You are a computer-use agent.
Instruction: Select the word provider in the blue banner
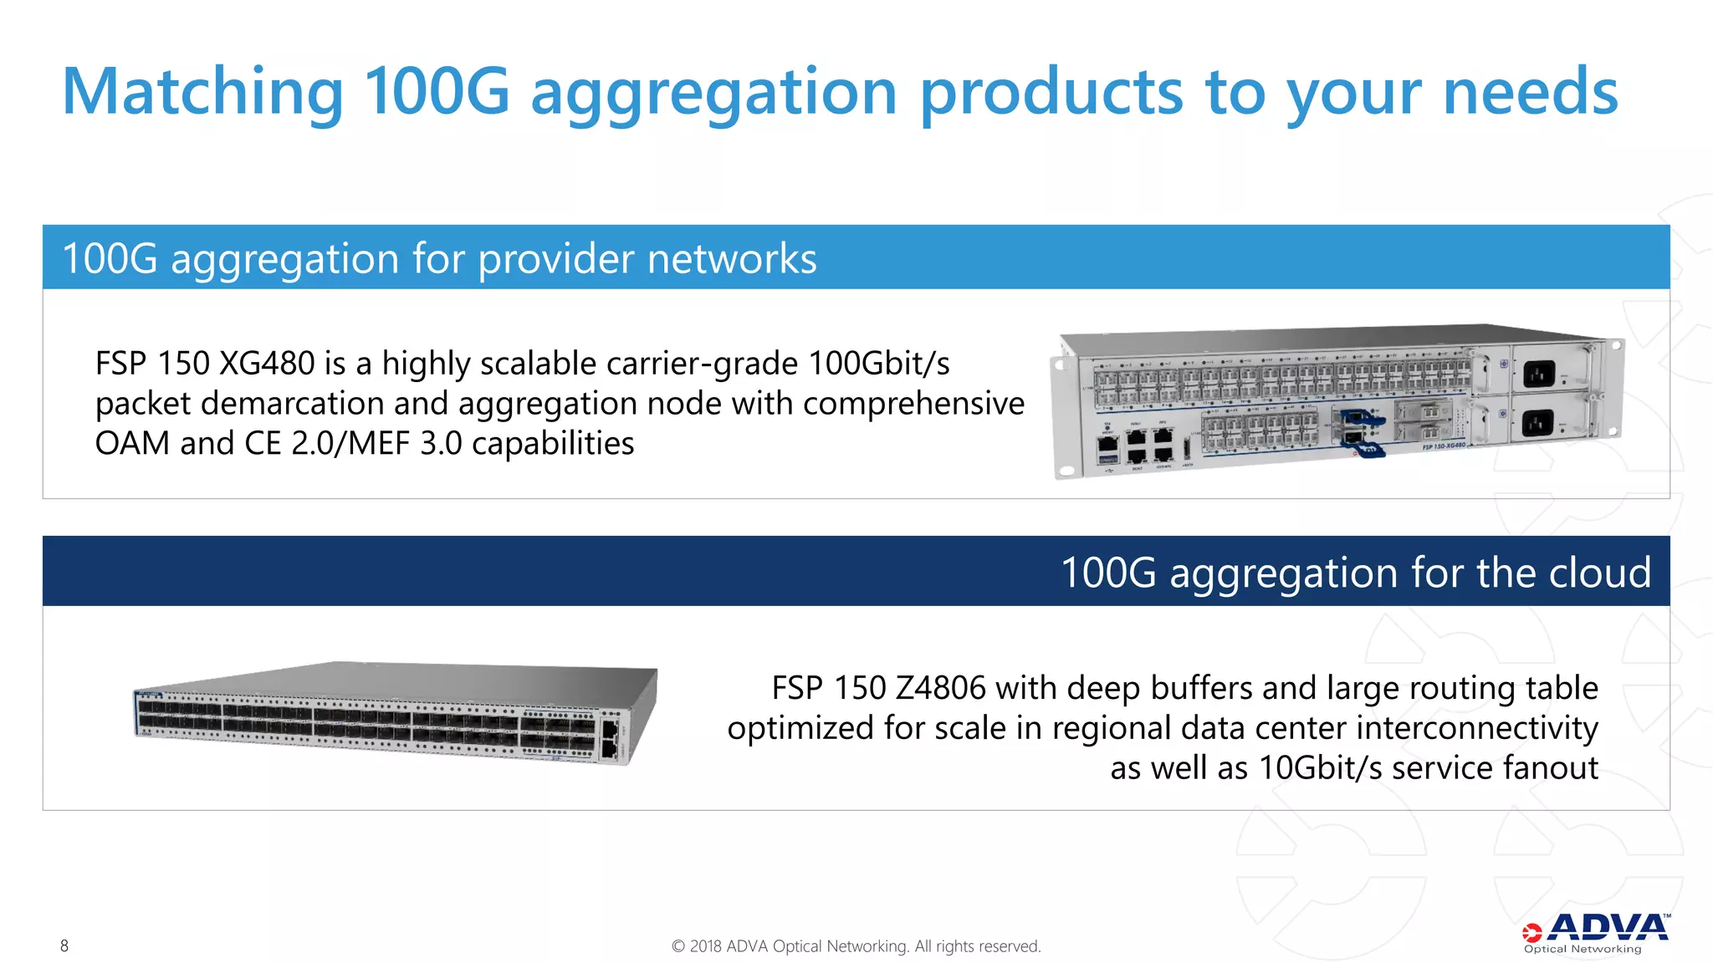(x=555, y=258)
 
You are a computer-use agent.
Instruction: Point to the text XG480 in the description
(x=266, y=364)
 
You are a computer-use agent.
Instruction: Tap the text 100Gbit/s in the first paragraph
(x=878, y=364)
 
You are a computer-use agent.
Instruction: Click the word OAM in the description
(x=132, y=443)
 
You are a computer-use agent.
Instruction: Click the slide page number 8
(x=64, y=945)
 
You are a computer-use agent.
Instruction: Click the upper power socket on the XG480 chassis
(x=1538, y=373)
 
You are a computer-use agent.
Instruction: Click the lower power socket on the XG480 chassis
(x=1537, y=423)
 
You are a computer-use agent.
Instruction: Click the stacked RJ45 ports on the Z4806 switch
(x=610, y=738)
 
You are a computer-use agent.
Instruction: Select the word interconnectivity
(x=1476, y=728)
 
